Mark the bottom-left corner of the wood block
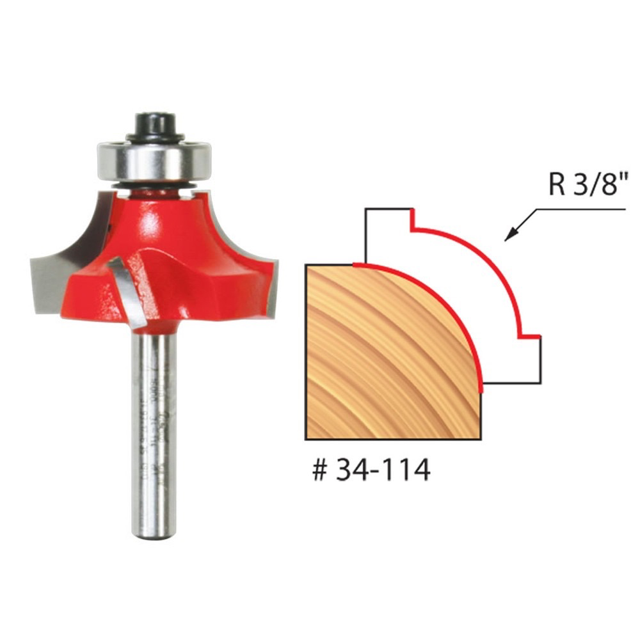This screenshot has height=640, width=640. [x=306, y=439]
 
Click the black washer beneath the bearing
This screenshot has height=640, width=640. [x=153, y=183]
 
